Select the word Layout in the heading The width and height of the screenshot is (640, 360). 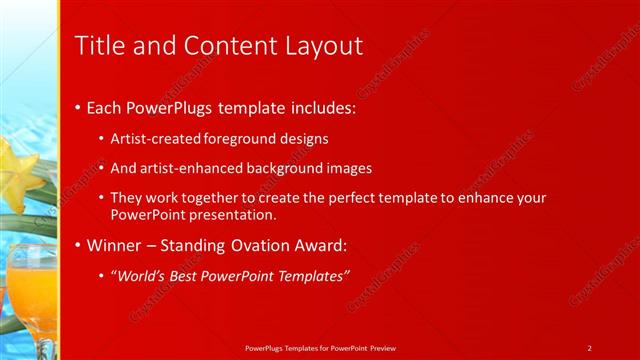[322, 46]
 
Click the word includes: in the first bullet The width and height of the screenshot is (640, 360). [314, 107]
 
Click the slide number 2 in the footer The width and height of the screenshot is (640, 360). [589, 347]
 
